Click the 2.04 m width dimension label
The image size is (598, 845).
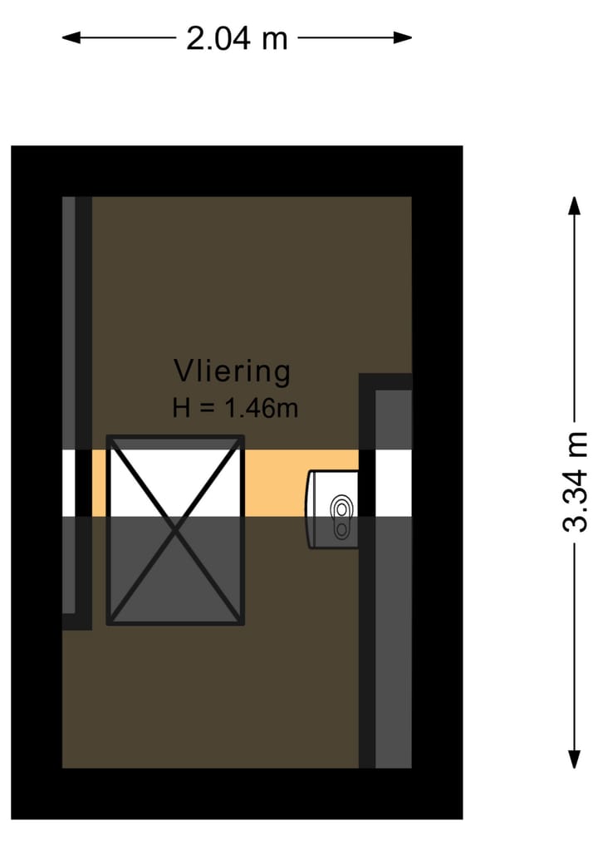[237, 38]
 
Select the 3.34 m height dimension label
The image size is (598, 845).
[575, 482]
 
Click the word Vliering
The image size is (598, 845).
[232, 371]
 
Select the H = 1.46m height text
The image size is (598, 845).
[235, 408]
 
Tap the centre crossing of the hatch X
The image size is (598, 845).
[175, 529]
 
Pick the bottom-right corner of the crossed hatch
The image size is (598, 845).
[243, 621]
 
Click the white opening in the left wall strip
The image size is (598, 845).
[69, 483]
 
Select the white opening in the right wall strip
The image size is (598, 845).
[394, 483]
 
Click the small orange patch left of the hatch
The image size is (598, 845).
[99, 483]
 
